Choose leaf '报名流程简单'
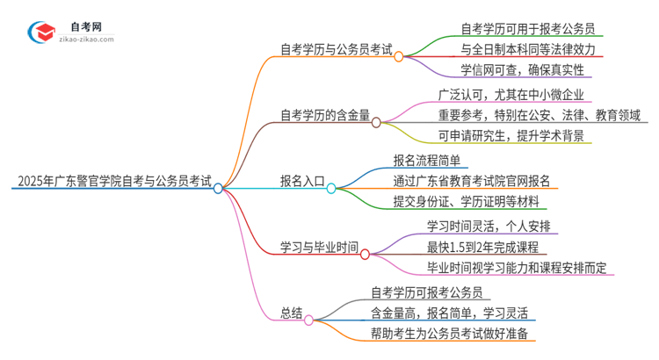(x=431, y=161)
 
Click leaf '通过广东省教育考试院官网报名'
(x=472, y=182)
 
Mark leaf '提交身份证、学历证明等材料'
(x=465, y=203)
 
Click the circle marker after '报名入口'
(x=331, y=187)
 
